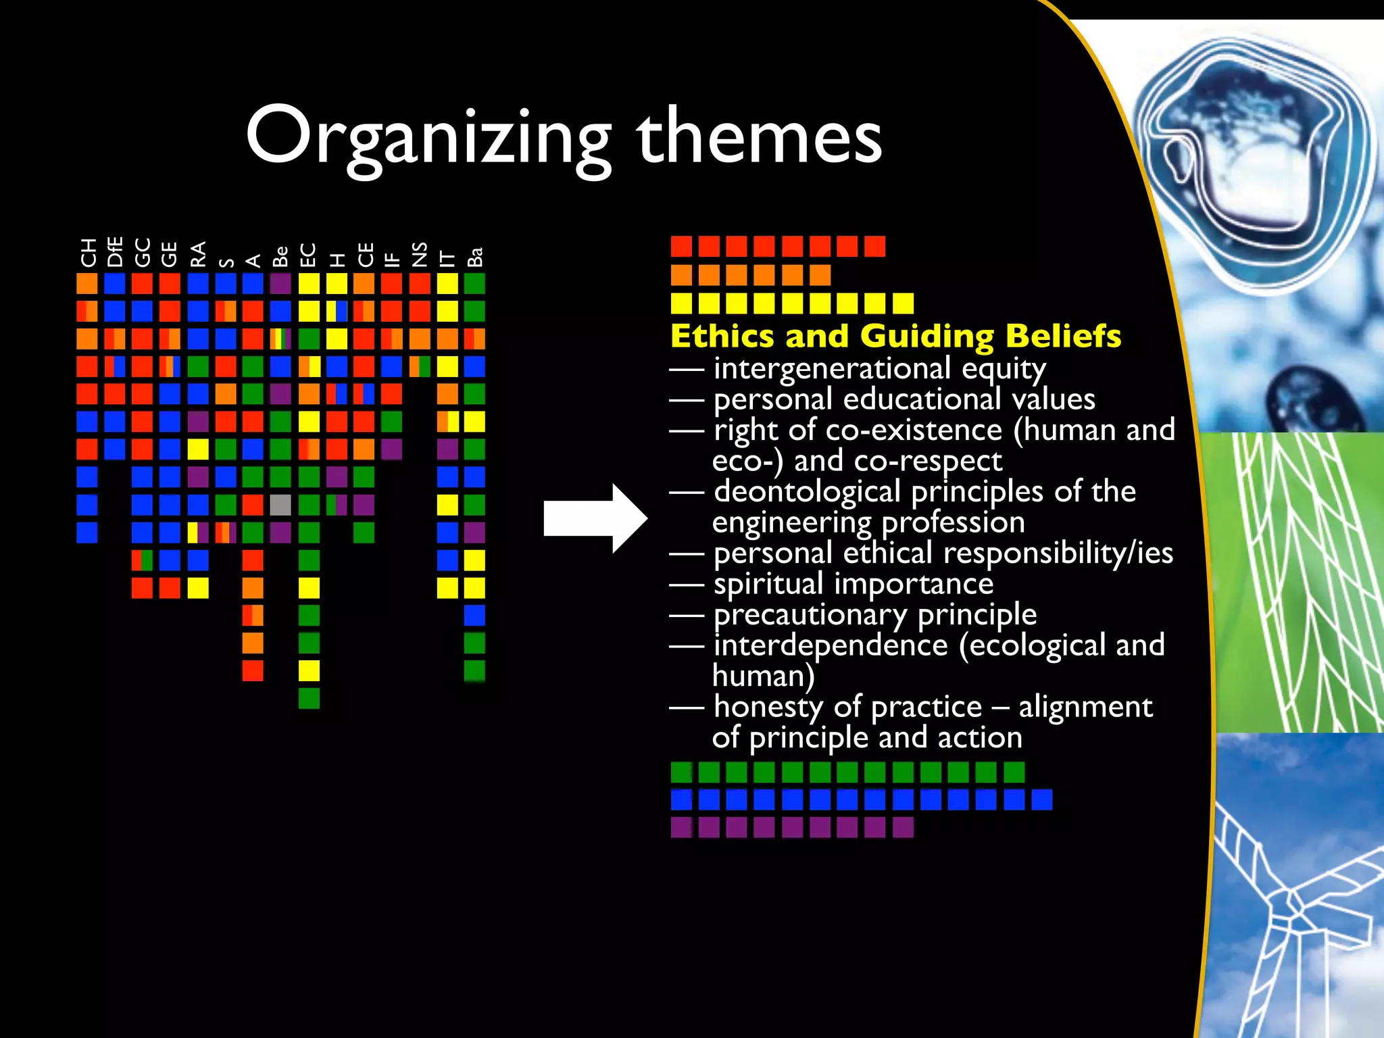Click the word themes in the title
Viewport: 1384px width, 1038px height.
click(760, 137)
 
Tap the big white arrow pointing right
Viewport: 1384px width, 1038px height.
click(595, 518)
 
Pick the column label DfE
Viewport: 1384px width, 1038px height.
click(116, 252)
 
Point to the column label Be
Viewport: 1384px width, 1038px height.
click(280, 256)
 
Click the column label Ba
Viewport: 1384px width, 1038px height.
click(475, 257)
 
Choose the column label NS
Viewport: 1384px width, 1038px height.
click(420, 255)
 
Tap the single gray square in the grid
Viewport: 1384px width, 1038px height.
click(280, 505)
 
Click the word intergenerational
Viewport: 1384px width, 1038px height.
click(833, 368)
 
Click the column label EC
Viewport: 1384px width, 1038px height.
click(309, 255)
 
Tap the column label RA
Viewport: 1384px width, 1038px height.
click(198, 255)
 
